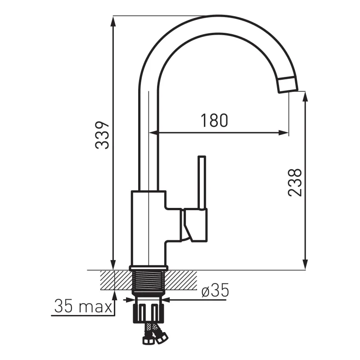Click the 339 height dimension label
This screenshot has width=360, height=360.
coord(102,135)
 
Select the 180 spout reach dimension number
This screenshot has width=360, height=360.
coord(214,120)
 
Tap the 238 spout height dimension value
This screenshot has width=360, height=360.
coord(295,182)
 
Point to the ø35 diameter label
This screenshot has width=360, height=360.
coord(215,290)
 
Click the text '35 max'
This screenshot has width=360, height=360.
coord(83,306)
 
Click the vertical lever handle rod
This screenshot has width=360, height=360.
coord(202,183)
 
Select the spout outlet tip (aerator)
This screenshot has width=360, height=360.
coord(288,85)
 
